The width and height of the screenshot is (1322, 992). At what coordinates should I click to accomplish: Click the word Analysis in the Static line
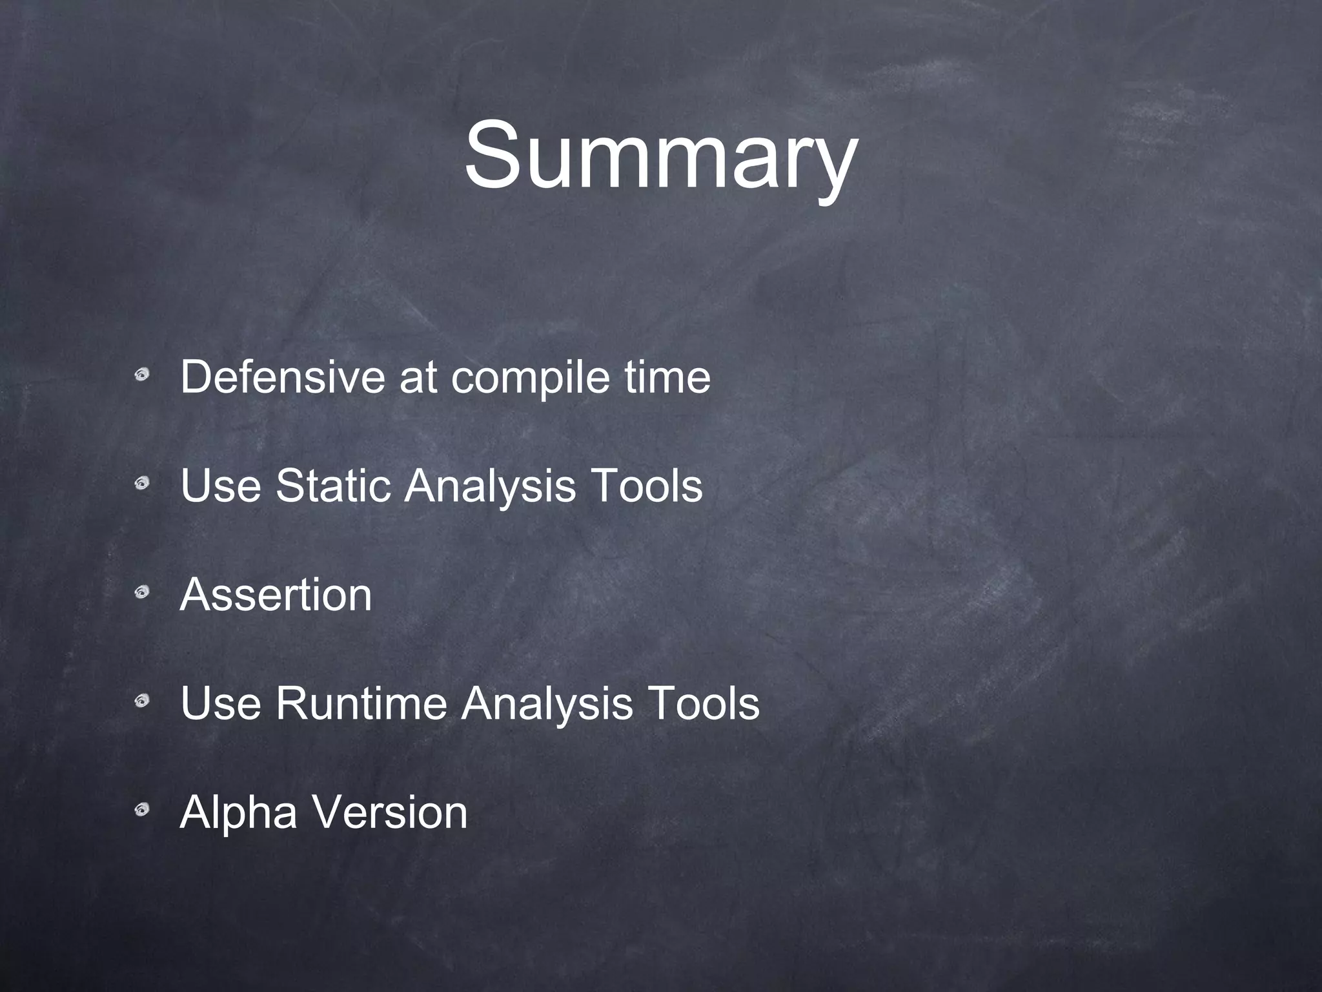pyautogui.click(x=490, y=486)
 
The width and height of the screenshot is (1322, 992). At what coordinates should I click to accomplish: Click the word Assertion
pyautogui.click(x=276, y=594)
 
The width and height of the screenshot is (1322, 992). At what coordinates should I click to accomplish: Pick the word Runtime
pyautogui.click(x=361, y=703)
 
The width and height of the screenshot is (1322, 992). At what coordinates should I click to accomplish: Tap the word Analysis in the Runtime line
pyautogui.click(x=547, y=704)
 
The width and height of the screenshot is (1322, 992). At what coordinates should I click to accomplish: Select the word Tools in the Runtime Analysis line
pyautogui.click(x=703, y=703)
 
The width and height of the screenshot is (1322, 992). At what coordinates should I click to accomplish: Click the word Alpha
pyautogui.click(x=239, y=812)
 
